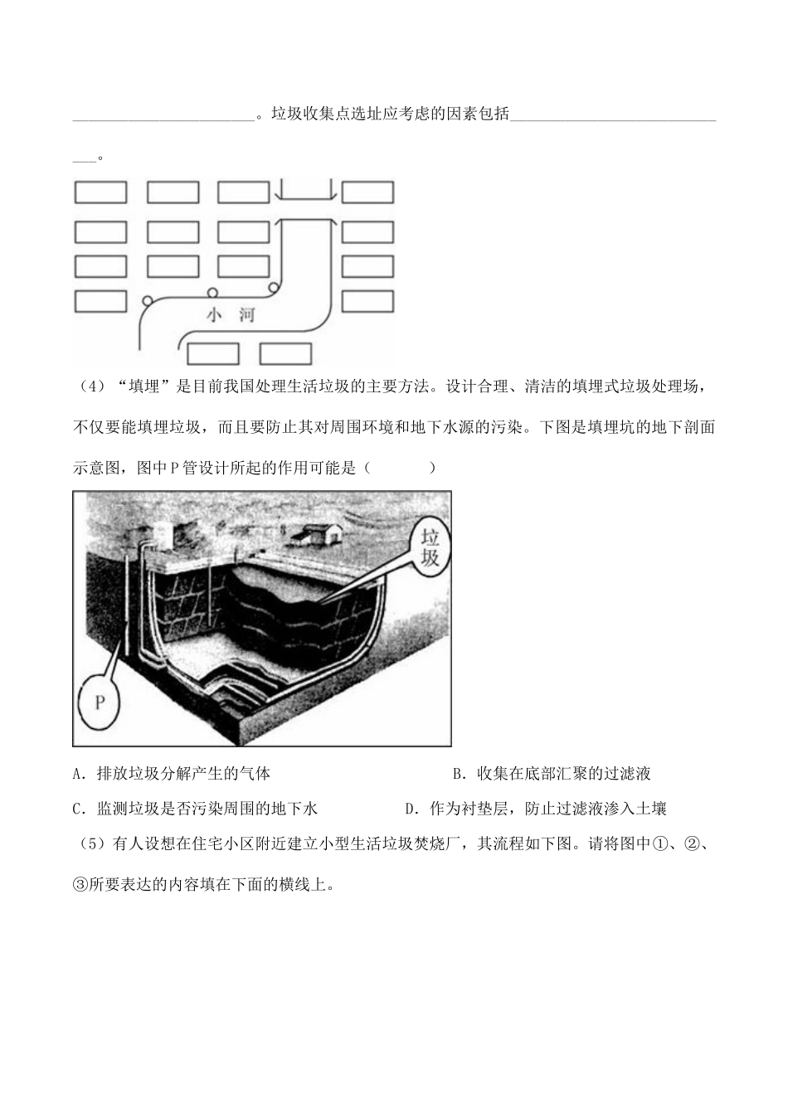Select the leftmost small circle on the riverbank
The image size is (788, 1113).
pyautogui.click(x=148, y=300)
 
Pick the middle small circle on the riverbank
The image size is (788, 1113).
pyautogui.click(x=212, y=292)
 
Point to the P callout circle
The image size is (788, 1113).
pyautogui.click(x=99, y=702)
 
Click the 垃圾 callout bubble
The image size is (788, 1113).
pyautogui.click(x=430, y=543)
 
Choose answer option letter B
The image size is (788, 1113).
pyautogui.click(x=457, y=774)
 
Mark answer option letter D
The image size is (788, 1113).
pyautogui.click(x=409, y=809)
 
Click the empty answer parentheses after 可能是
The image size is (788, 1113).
pyautogui.click(x=399, y=468)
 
